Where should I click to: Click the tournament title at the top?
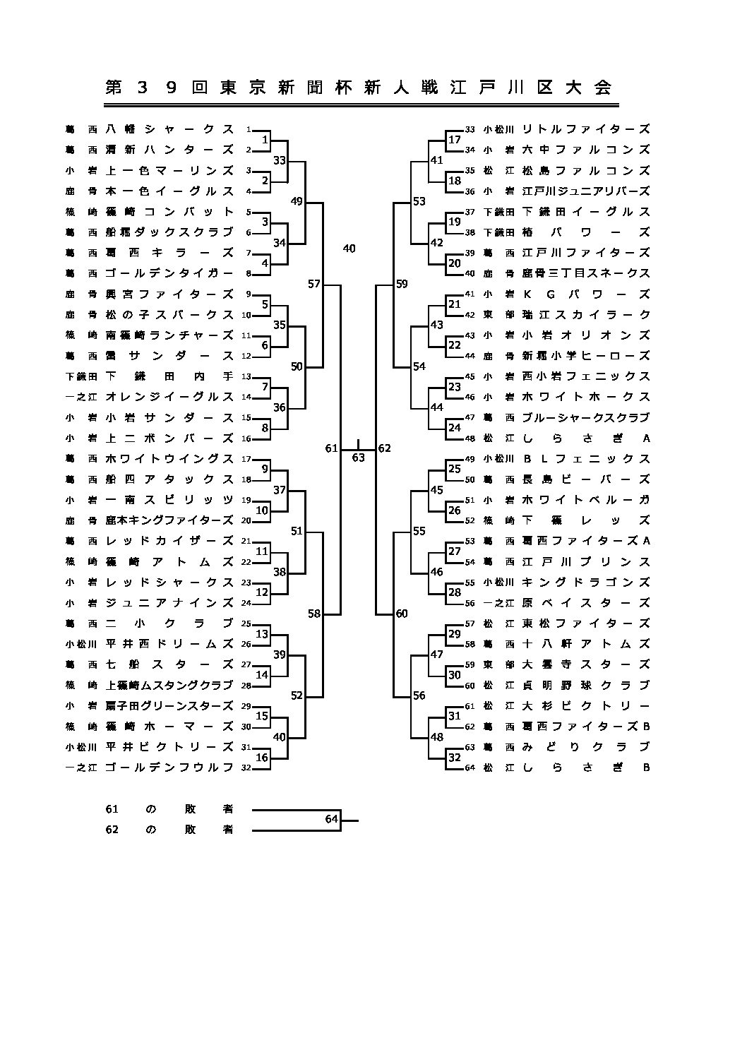coord(359,88)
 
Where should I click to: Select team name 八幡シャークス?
coord(169,129)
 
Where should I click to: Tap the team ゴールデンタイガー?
coord(169,273)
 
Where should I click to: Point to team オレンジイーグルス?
coord(169,396)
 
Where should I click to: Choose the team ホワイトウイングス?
coord(169,458)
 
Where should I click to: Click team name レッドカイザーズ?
coord(169,540)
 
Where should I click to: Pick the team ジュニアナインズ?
coord(169,602)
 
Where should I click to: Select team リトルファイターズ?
coord(585,129)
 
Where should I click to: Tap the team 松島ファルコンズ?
coord(585,170)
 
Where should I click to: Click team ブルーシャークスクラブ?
coord(585,417)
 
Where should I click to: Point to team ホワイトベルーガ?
coord(585,499)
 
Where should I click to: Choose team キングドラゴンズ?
coord(585,583)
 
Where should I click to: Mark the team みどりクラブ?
coord(585,746)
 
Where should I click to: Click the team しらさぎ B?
coord(585,768)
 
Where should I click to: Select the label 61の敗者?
coord(169,809)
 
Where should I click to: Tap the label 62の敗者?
coord(169,830)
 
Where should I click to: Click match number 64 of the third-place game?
coord(332,819)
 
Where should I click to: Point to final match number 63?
coord(358,458)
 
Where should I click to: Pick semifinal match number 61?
coord(331,448)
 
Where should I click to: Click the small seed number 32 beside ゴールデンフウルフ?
coord(246,768)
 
